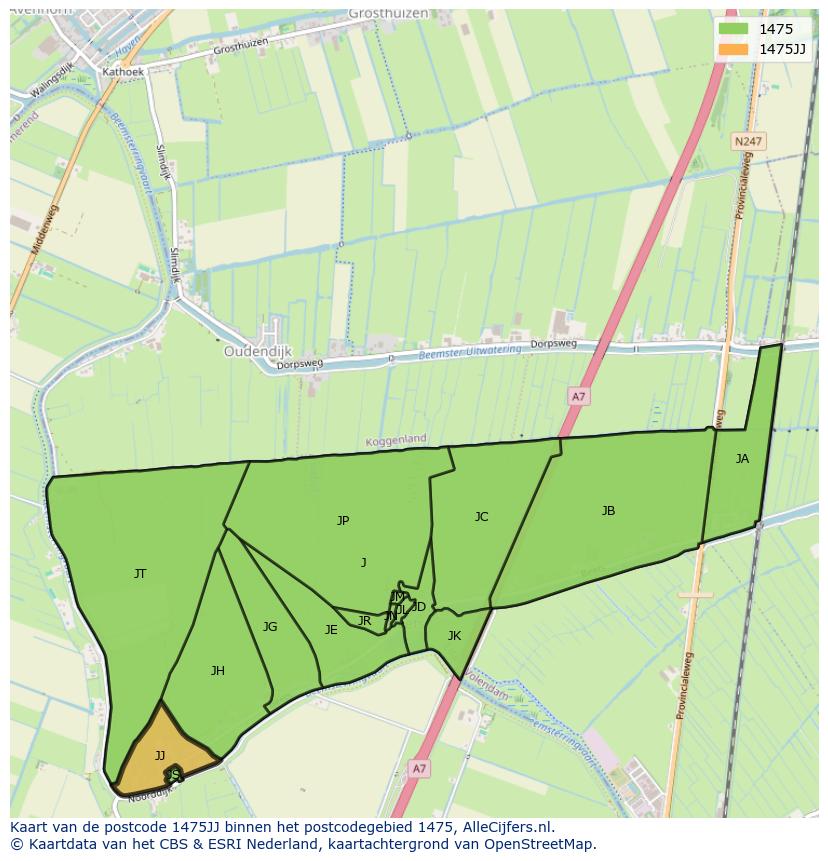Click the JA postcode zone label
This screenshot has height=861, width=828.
[x=742, y=459]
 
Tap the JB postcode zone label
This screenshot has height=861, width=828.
[x=608, y=511]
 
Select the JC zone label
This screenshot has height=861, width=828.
[x=481, y=517]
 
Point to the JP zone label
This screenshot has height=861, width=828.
[x=343, y=521]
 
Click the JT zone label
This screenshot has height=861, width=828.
[x=140, y=574]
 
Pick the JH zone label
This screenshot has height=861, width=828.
[x=217, y=671]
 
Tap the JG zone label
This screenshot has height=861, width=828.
[x=270, y=627]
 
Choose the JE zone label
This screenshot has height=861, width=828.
[x=331, y=630]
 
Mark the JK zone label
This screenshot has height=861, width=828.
[x=454, y=636]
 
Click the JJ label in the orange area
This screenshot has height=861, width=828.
[x=160, y=756]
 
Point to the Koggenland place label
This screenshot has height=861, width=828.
[x=396, y=439]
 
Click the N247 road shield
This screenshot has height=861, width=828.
[x=746, y=142]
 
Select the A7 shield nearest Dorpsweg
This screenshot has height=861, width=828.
[x=578, y=397]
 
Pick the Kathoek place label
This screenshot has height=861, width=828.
[x=123, y=72]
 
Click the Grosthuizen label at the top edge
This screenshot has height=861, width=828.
[x=388, y=14]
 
